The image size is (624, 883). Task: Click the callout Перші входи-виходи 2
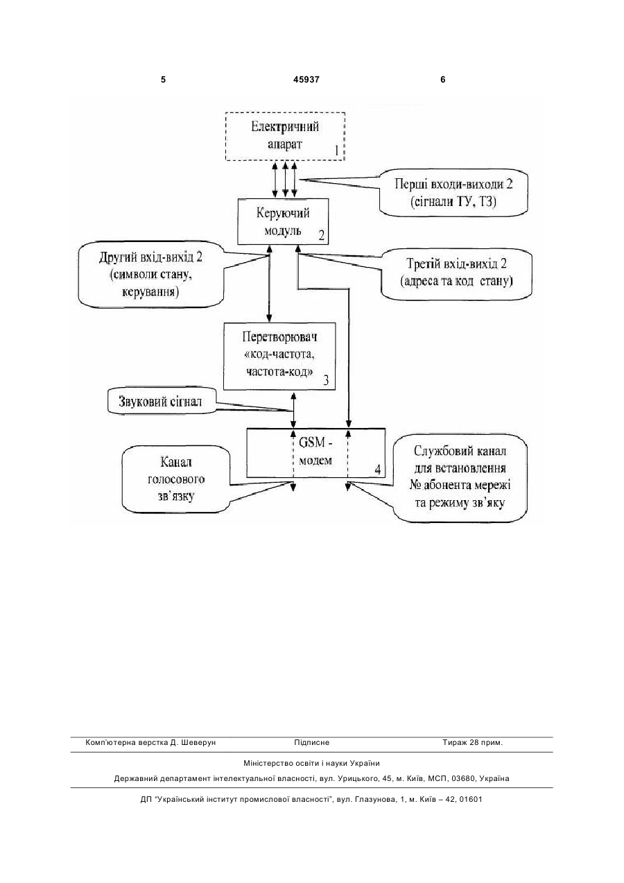(453, 193)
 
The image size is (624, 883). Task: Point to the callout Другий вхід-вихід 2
(151, 275)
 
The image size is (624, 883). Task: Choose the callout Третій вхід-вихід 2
(456, 273)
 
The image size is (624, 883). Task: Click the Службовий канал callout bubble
(460, 477)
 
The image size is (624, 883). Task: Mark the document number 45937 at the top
(306, 80)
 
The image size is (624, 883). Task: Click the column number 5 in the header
(163, 80)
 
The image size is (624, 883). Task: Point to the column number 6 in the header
(443, 80)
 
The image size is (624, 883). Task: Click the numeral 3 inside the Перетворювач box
(326, 380)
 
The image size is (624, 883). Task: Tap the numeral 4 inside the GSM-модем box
(378, 470)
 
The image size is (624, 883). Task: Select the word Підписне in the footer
(311, 743)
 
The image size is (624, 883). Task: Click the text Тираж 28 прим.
(473, 743)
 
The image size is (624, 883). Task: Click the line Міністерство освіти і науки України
(311, 763)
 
